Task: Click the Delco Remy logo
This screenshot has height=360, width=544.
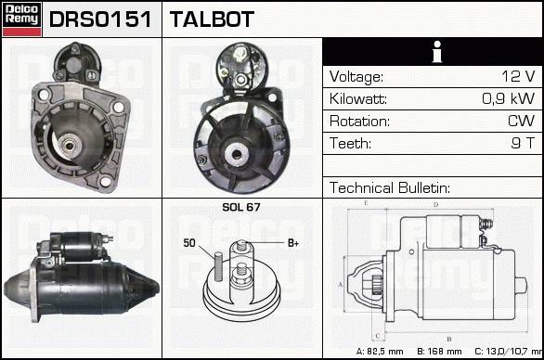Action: point(21,19)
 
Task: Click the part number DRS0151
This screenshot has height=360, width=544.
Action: point(100,19)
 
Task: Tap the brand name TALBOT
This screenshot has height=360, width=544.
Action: point(212,19)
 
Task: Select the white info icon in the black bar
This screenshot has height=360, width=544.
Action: point(437,52)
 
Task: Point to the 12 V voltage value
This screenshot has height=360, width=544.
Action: point(518,76)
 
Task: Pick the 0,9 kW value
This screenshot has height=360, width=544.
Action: point(509,98)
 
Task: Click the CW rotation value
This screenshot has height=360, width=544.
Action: point(521,121)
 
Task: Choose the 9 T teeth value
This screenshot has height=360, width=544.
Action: point(524,143)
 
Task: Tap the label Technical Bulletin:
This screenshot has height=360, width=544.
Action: point(390,187)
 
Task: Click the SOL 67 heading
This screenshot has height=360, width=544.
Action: point(241,207)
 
